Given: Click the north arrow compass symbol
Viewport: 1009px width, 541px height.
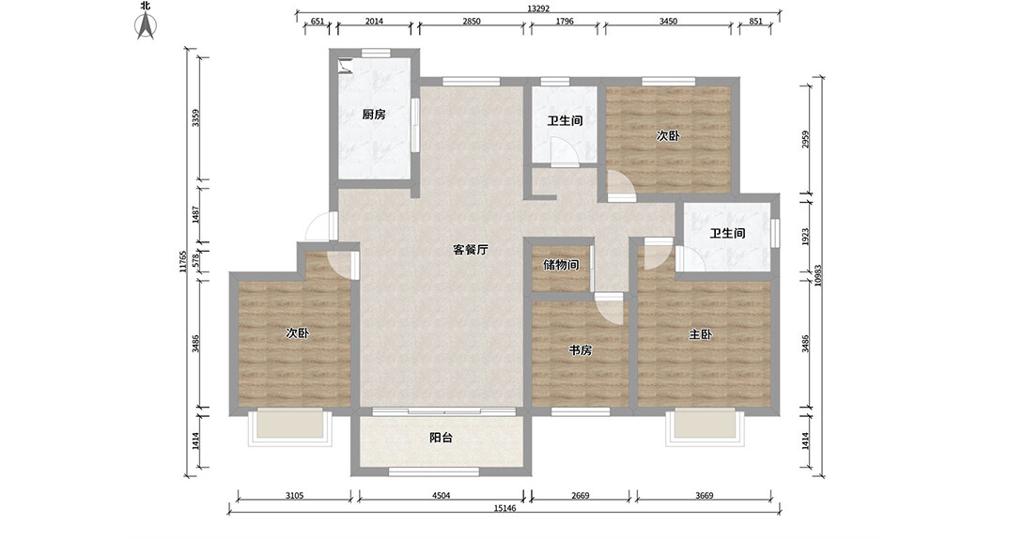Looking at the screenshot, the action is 146,25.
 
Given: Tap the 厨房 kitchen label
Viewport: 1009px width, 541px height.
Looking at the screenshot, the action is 373,115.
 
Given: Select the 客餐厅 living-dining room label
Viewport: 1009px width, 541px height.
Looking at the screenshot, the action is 471,250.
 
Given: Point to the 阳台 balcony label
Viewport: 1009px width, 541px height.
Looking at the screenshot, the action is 441,438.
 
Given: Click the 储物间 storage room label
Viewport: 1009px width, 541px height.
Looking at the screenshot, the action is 561,264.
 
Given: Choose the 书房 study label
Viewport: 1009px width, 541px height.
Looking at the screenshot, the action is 580,350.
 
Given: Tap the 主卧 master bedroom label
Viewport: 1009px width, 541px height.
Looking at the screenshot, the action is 700,334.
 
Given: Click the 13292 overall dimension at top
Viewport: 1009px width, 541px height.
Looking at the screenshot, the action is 538,8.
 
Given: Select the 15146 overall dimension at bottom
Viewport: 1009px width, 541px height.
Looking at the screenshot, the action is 505,508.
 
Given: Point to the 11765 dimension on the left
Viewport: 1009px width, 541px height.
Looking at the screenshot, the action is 183,262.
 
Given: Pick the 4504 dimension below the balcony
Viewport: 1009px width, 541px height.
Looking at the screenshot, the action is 441,495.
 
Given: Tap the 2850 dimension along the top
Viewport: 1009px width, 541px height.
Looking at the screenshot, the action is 471,22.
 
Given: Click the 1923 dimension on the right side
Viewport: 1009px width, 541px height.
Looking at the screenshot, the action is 805,236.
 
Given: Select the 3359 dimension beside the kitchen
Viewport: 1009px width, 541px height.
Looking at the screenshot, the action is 196,117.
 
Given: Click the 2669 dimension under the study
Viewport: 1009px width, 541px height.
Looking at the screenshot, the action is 580,495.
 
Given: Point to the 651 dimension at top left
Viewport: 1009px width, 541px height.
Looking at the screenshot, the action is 318,22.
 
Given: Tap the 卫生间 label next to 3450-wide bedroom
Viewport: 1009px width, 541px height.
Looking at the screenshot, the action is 565,120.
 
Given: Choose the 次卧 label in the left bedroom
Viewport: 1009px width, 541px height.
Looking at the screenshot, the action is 297,332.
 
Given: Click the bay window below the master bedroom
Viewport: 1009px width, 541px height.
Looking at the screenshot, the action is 705,426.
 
